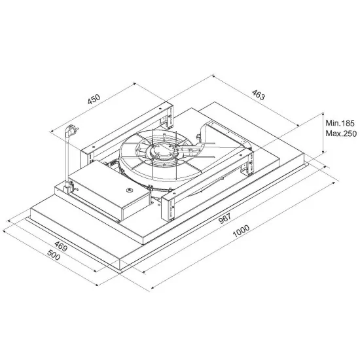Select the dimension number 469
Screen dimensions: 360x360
point(60,247)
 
